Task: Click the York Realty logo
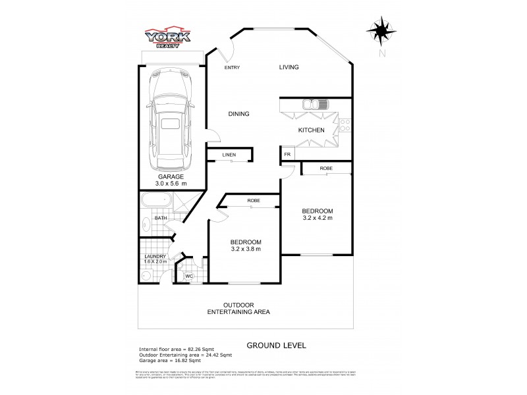[168, 38]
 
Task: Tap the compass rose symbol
[381, 32]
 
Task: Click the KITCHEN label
[311, 130]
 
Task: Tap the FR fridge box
[287, 154]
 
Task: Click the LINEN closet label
[229, 155]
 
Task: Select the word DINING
[238, 114]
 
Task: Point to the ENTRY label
[232, 67]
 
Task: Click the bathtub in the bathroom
[157, 201]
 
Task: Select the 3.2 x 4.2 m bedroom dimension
[318, 217]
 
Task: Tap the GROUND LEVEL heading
[276, 345]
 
